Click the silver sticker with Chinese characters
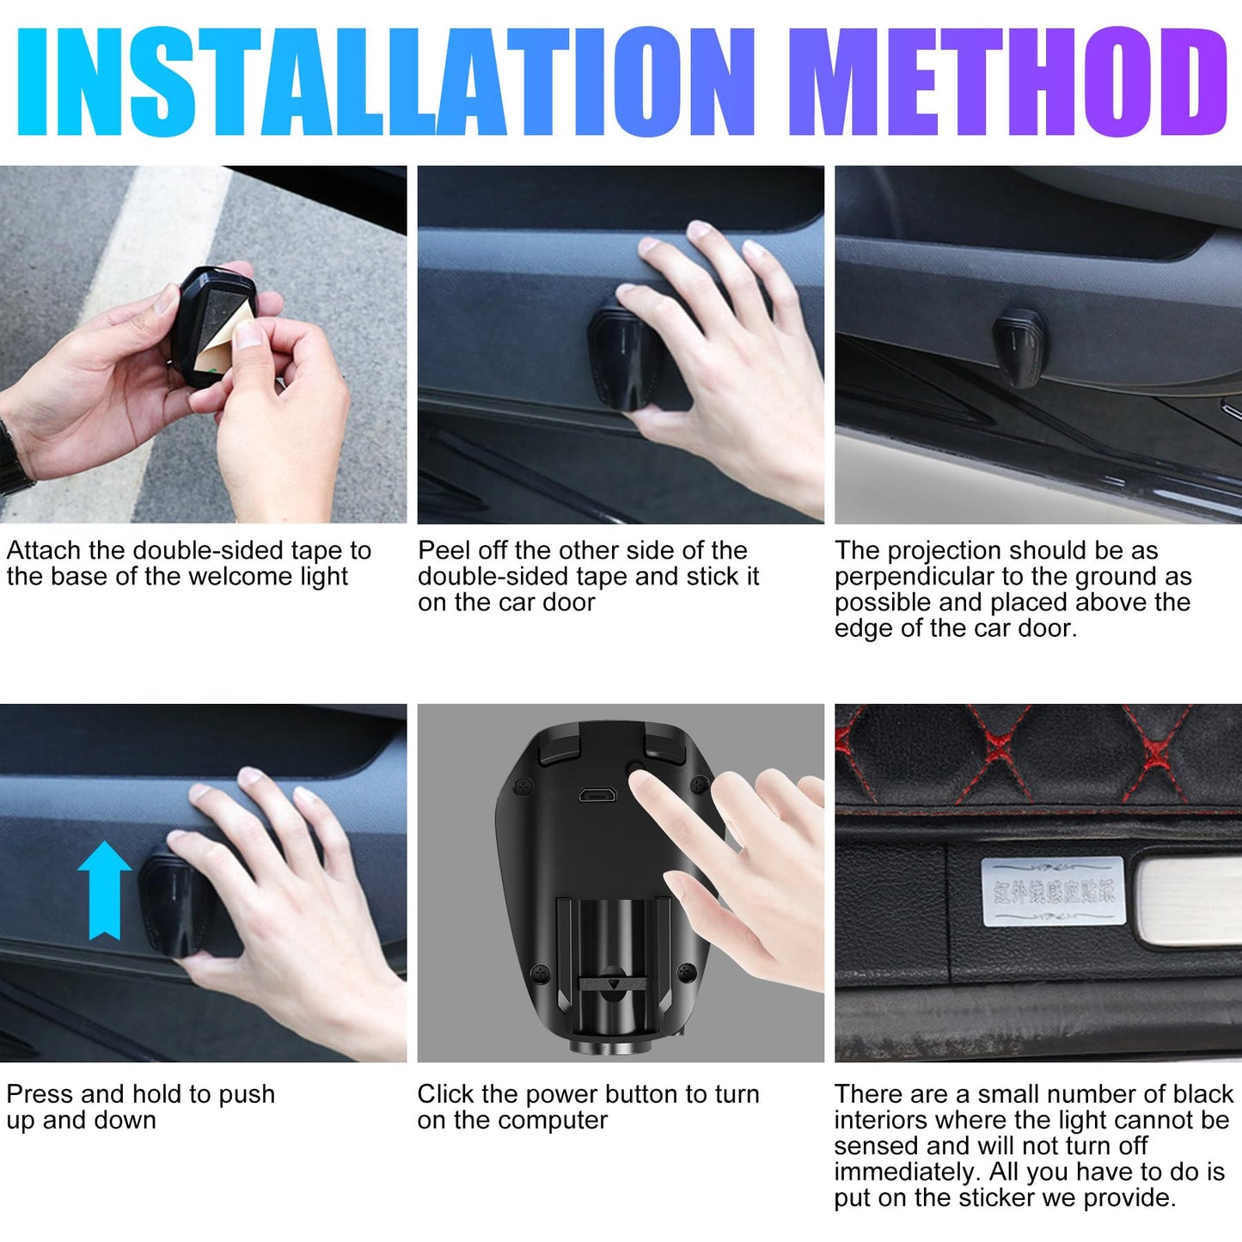click(1052, 891)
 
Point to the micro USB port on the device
click(597, 795)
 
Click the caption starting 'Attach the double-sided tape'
click(189, 563)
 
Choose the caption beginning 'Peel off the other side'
click(589, 576)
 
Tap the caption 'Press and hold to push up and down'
click(140, 1107)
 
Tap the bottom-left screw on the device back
click(540, 973)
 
